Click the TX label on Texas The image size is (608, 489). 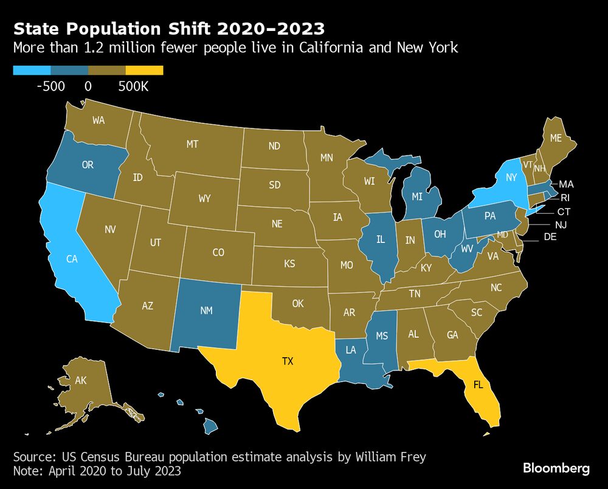pos(288,361)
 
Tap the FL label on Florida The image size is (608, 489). pos(479,384)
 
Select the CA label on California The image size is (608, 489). pos(72,259)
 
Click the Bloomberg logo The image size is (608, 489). pos(556,468)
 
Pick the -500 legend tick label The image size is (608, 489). pos(50,87)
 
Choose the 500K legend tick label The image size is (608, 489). pos(133,87)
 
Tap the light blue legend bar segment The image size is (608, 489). pos(32,70)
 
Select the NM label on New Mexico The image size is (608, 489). pos(206,310)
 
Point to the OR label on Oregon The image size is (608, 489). pos(88,165)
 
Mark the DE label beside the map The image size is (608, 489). pos(550,237)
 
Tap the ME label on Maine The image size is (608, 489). pos(555,138)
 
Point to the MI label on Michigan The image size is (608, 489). pos(416,197)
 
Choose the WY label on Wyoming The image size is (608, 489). pos(204,199)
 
